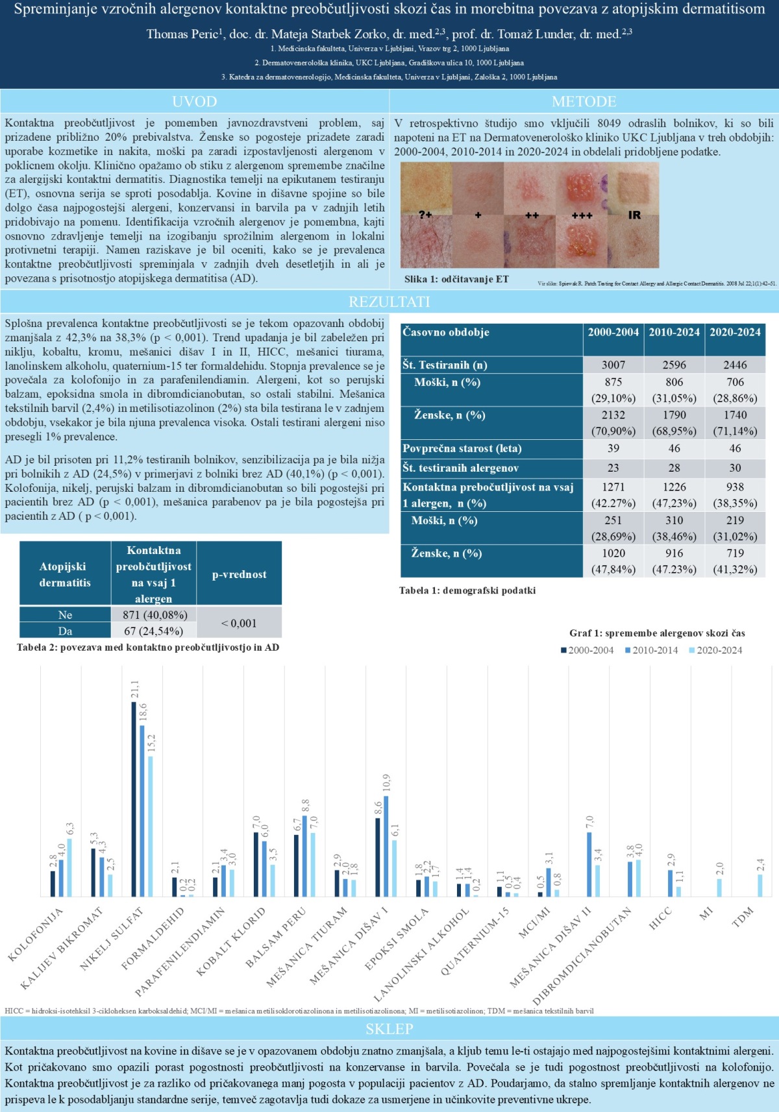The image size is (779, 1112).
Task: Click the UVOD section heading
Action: tap(195, 102)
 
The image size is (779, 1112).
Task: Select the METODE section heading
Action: tap(584, 102)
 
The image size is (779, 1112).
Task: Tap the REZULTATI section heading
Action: tap(389, 302)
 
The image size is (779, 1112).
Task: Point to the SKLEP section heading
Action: tap(389, 1029)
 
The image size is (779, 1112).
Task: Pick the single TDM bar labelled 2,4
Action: tap(760, 886)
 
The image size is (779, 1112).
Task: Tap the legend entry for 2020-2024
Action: tap(715, 650)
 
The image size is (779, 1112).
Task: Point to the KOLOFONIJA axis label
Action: tap(36, 934)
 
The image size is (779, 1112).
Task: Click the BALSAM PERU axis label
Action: tap(276, 938)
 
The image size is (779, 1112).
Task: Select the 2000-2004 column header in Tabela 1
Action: tap(613, 332)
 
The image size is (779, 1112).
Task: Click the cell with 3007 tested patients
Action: tap(613, 365)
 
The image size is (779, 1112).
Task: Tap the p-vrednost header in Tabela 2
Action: tap(239, 574)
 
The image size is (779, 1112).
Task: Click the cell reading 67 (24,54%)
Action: tap(153, 631)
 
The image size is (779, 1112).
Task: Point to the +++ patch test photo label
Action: tap(582, 215)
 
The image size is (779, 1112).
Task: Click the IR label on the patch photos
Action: tap(634, 215)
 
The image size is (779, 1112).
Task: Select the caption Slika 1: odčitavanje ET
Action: tap(456, 279)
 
